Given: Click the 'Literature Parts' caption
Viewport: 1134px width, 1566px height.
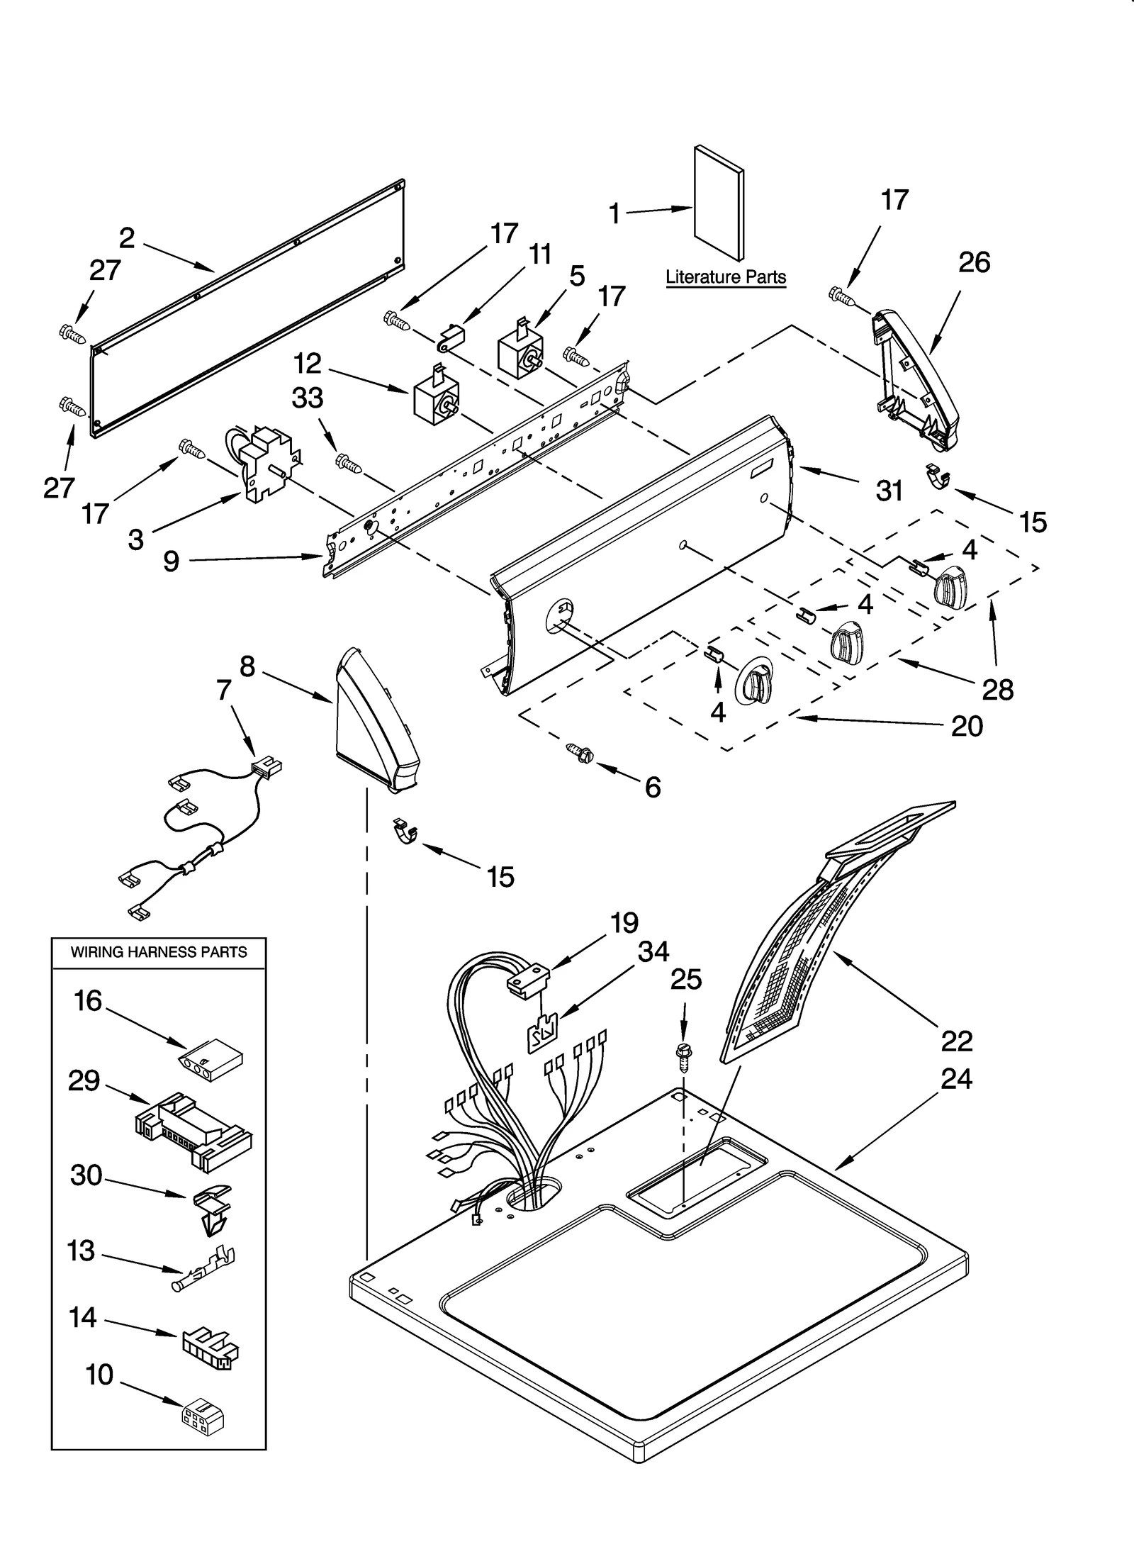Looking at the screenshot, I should point(726,276).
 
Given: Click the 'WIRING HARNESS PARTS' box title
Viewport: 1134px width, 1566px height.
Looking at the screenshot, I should point(159,952).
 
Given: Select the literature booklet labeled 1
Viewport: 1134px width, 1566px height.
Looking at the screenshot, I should point(719,203).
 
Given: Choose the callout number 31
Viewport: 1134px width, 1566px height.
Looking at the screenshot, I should point(889,490).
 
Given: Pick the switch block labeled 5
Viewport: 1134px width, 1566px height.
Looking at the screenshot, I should point(521,350).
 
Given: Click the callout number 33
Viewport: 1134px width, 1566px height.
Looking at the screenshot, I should point(308,398).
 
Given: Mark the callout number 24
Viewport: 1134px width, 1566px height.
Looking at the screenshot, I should point(957,1078).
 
